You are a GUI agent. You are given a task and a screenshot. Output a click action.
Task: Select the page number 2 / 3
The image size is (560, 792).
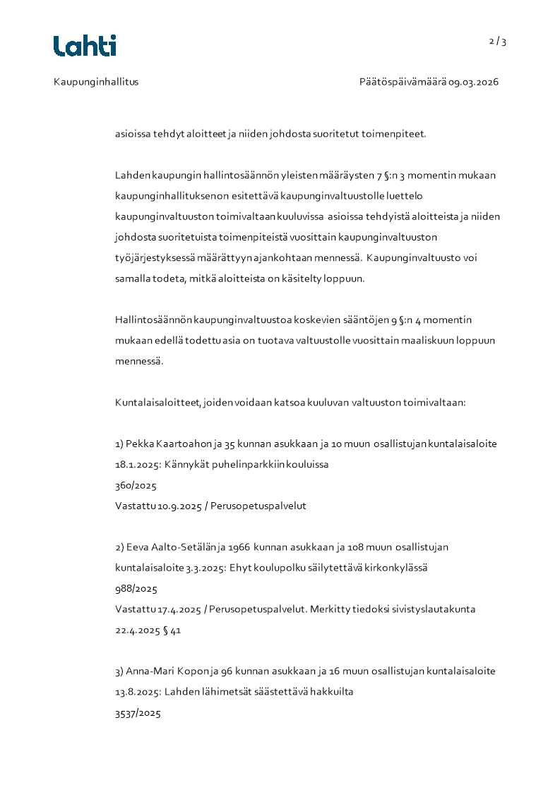tap(498, 42)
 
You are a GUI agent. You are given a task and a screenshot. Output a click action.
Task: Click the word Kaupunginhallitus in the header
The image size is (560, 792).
tap(96, 82)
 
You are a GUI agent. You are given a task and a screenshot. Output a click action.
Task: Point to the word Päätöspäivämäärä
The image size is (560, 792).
tap(402, 82)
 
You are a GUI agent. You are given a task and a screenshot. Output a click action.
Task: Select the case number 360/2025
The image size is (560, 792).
tap(136, 486)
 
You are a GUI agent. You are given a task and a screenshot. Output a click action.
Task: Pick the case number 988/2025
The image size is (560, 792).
tap(136, 588)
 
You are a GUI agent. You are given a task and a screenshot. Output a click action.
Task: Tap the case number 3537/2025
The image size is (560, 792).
tap(138, 713)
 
